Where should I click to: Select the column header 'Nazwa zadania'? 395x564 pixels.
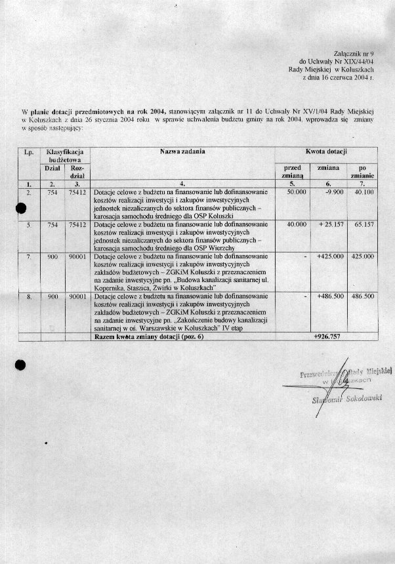tap(182, 152)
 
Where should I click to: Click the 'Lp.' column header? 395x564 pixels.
tap(28, 152)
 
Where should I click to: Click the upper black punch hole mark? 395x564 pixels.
tap(22, 208)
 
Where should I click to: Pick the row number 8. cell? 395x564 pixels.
tap(28, 296)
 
